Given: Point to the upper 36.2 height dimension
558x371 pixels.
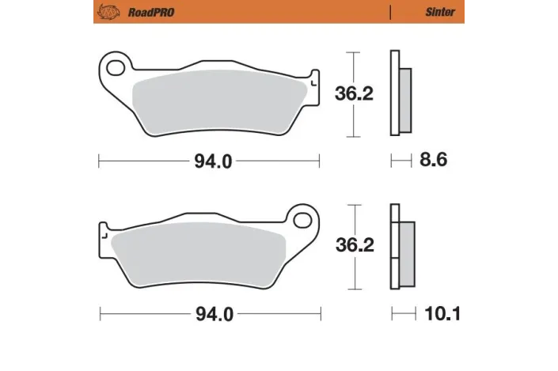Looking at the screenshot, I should (x=354, y=93).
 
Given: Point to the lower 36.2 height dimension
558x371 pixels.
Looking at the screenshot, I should (x=354, y=245).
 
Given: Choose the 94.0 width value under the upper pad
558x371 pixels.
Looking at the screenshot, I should (x=212, y=161).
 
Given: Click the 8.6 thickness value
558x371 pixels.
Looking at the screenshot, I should (x=434, y=161).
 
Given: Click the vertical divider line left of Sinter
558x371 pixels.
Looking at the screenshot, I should (x=391, y=13).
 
